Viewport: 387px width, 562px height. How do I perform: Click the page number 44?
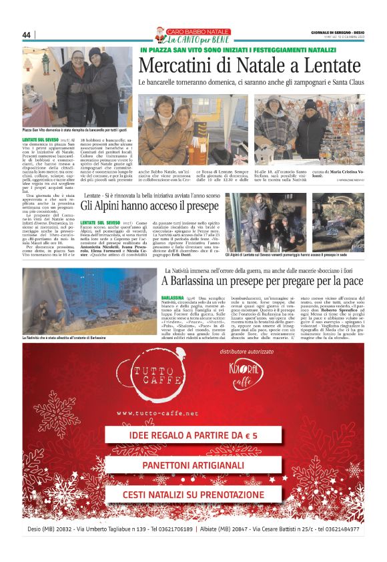pos(27,35)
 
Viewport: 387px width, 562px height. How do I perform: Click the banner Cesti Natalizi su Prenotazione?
pos(193,495)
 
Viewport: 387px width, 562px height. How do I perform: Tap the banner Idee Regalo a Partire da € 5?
pos(193,435)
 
